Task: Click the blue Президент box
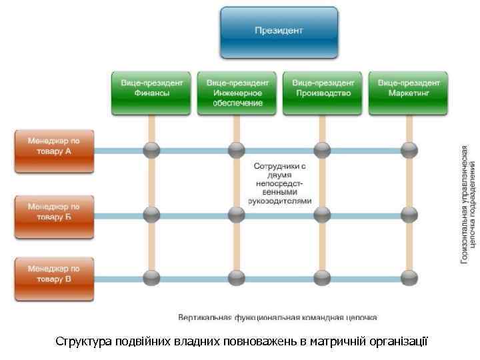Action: click(x=279, y=31)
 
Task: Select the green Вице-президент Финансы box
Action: click(x=151, y=92)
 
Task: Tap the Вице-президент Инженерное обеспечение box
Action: click(x=237, y=92)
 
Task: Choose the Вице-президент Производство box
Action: click(x=323, y=92)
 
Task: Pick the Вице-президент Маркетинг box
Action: click(x=408, y=92)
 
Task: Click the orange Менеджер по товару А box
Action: click(x=53, y=147)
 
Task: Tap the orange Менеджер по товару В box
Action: click(x=53, y=274)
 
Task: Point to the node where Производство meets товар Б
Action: click(x=323, y=215)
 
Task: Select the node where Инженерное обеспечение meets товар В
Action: click(x=237, y=276)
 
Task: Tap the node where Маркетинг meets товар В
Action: click(x=408, y=276)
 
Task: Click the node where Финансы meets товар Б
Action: click(x=152, y=215)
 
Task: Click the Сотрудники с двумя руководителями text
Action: click(x=279, y=182)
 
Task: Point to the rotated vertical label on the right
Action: click(x=468, y=204)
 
